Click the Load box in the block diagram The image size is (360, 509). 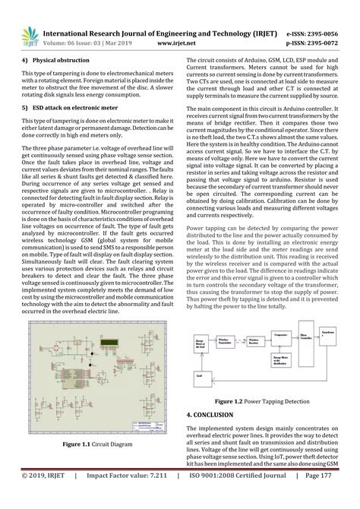[x=200, y=375]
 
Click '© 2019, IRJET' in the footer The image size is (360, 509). [x=42, y=497]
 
